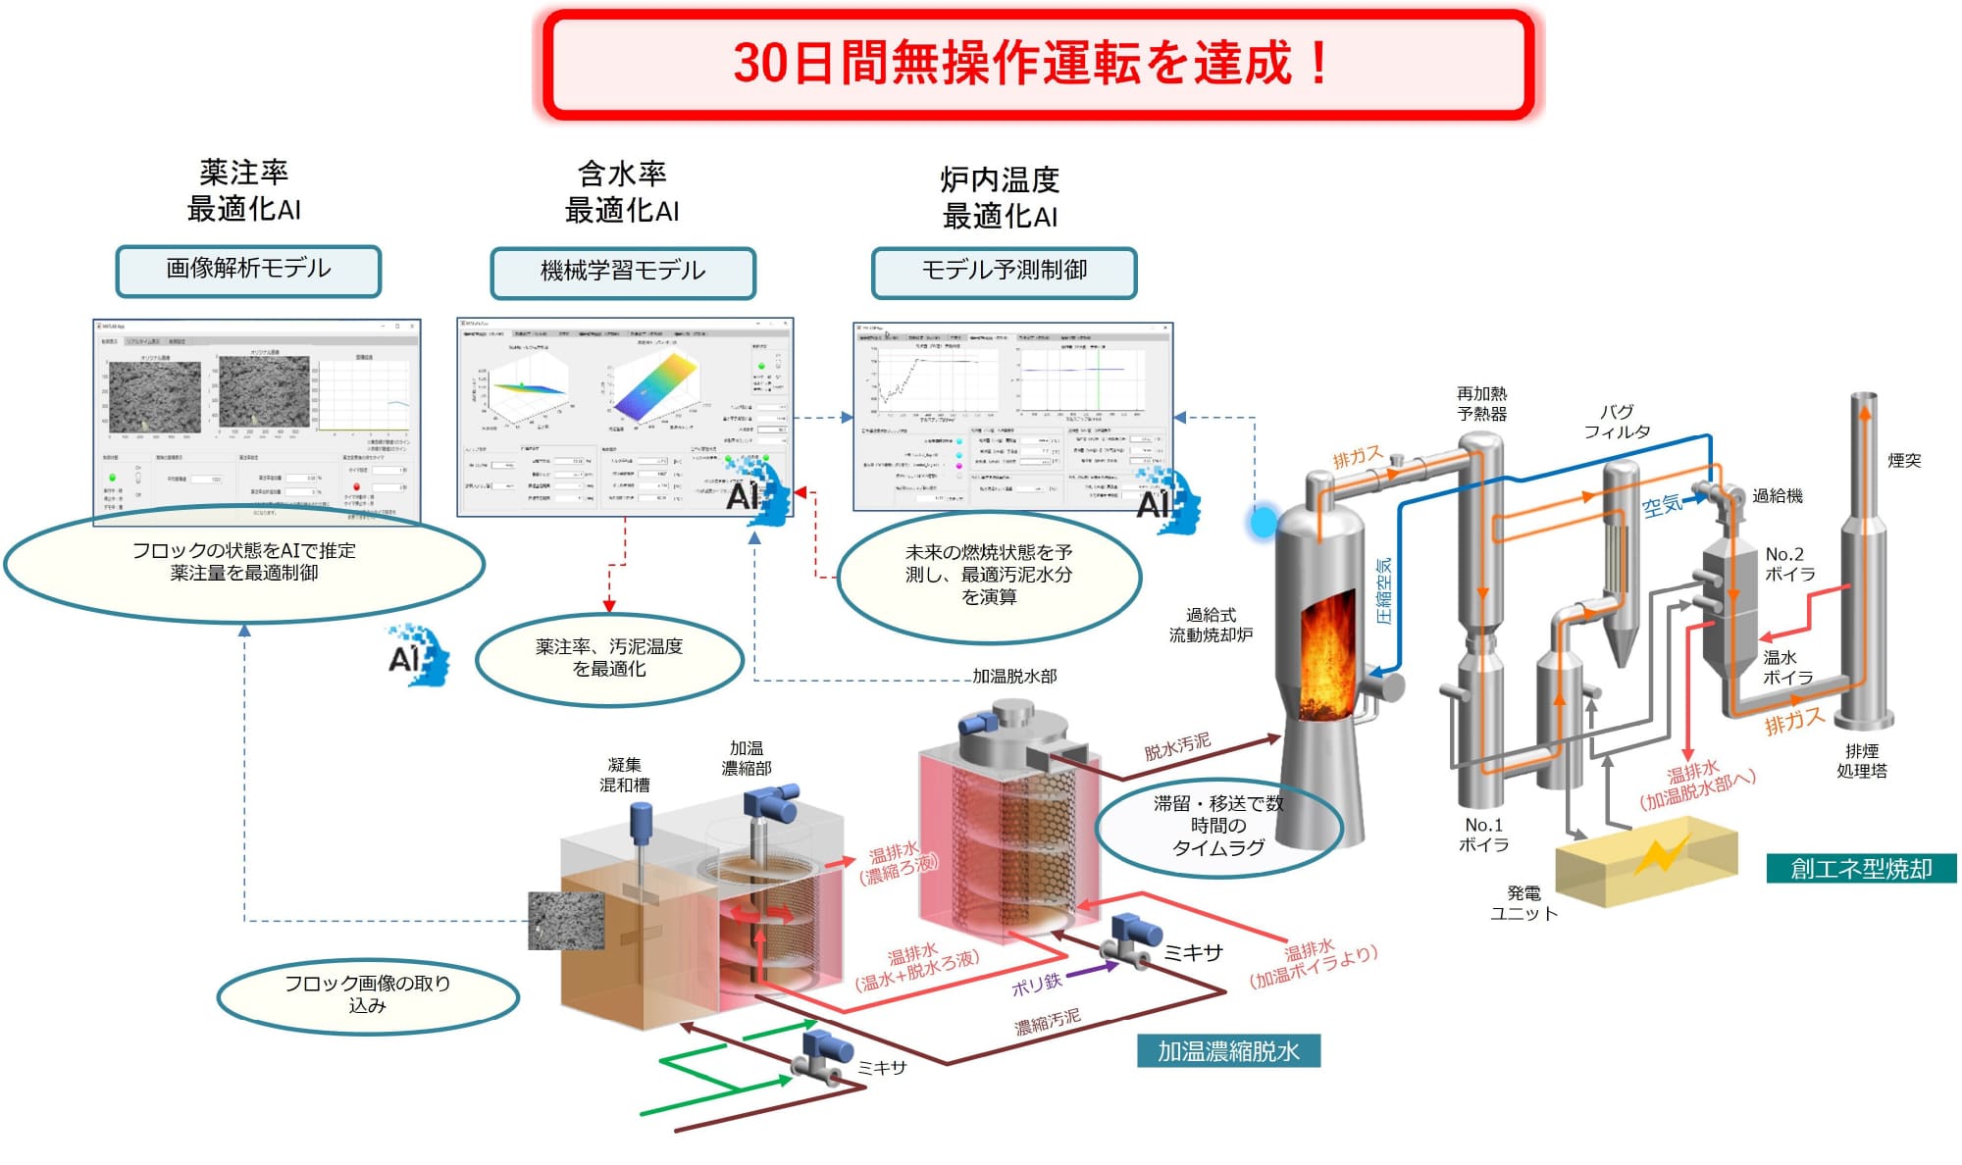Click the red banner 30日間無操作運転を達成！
tap(1038, 64)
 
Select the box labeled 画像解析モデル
tap(248, 271)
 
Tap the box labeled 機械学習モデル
tap(623, 272)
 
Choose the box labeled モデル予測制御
tap(1004, 272)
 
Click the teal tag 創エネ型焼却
tap(1860, 869)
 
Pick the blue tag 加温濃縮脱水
tap(1228, 1051)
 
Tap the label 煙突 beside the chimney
tap(1904, 461)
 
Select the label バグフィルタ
tap(1617, 422)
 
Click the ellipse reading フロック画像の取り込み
tap(368, 994)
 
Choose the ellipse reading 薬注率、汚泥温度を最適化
tap(609, 658)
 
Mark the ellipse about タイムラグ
tap(1218, 826)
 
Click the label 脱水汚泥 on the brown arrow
tap(1177, 746)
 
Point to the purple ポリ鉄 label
tap(1036, 984)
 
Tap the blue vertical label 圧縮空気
tap(1384, 591)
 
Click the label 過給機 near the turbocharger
tap(1778, 496)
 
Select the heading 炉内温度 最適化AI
tap(1000, 198)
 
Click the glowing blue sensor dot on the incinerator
tap(1263, 521)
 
